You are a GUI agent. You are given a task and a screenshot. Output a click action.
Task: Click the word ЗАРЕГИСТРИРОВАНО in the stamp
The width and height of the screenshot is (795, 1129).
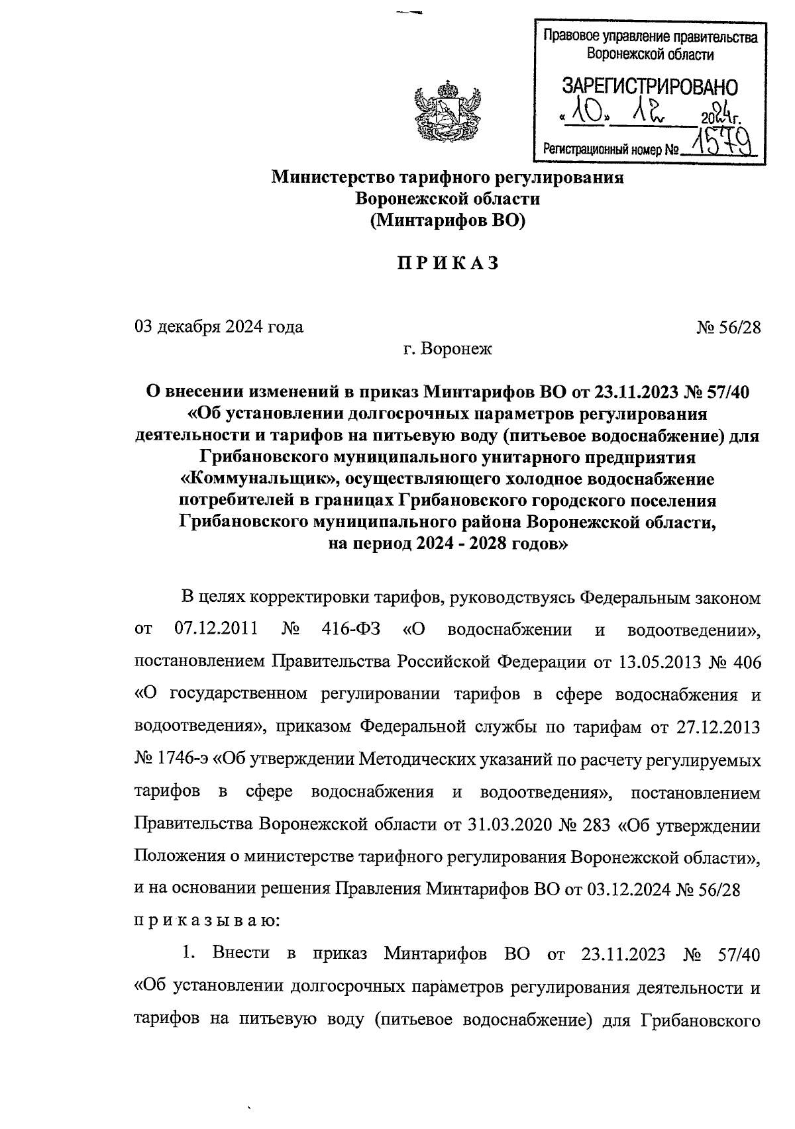(649, 87)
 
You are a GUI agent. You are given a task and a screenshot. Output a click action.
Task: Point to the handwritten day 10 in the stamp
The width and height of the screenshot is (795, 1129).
(586, 117)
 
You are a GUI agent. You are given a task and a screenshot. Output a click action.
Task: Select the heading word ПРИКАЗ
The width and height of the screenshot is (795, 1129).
(448, 264)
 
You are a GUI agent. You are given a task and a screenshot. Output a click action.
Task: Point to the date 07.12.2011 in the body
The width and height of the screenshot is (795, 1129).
(216, 628)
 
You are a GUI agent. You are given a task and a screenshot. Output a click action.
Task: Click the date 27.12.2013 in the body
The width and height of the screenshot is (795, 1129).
(718, 727)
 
